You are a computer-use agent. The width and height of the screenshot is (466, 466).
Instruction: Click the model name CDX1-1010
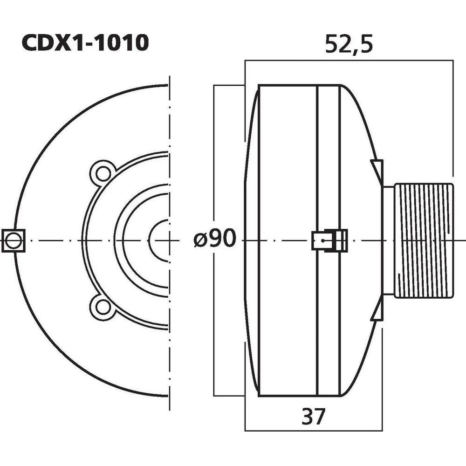click(85, 43)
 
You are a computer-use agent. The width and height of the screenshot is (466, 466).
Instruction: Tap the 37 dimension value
click(313, 416)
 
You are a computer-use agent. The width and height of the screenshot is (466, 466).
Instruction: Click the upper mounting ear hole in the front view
click(102, 172)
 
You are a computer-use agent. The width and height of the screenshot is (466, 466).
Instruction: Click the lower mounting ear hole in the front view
click(101, 307)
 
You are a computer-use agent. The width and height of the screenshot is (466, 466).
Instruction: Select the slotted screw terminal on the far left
click(13, 240)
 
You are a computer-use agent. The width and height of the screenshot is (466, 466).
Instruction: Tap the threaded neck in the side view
click(423, 240)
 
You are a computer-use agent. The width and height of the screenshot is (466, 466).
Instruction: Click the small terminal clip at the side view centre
click(329, 240)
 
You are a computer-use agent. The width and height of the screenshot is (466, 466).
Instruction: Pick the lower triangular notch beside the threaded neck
click(378, 313)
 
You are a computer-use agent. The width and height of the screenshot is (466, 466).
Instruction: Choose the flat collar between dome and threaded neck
click(388, 240)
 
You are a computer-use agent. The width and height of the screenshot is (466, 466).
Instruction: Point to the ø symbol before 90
click(199, 240)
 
